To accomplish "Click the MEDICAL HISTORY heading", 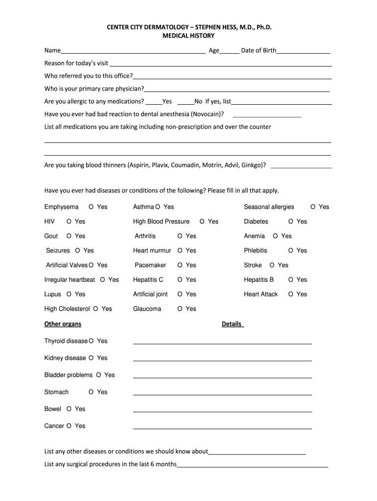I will pos(188,36).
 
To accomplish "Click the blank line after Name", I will pos(133,51).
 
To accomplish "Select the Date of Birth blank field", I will pos(303,51).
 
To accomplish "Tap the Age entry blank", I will pos(230,51).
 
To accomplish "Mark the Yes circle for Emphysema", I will pos(92,207).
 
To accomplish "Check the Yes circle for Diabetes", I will pos(291,222).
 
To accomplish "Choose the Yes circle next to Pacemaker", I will pos(180,265).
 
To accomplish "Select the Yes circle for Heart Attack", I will pos(291,294).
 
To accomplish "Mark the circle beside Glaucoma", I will pos(180,309).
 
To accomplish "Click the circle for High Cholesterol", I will pos(96,309).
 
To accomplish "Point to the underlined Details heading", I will pos(232,324).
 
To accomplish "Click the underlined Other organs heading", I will pos(63,324).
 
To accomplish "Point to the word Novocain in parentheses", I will pos(208,114).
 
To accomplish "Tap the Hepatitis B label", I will pos(259,280).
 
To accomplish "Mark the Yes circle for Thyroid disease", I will pos(92,341).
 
